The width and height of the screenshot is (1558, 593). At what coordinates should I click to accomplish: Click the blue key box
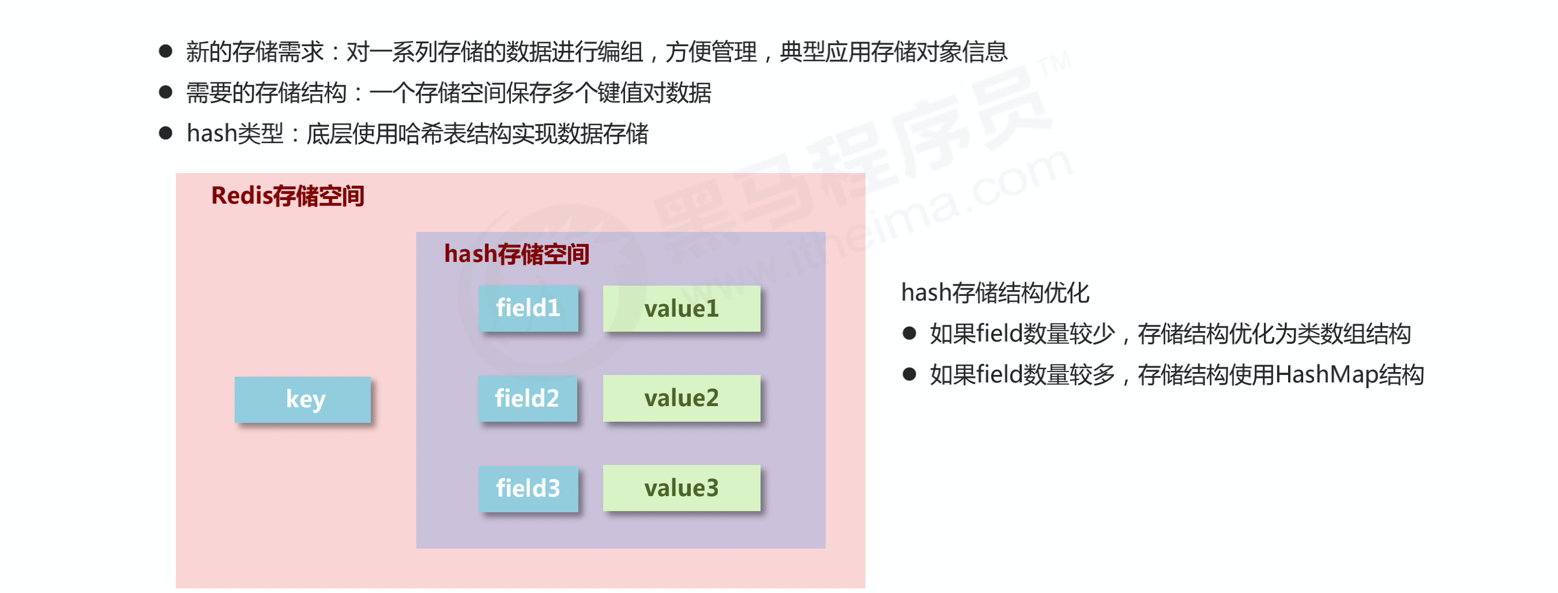point(302,399)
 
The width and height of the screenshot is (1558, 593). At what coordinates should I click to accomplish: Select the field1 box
point(528,308)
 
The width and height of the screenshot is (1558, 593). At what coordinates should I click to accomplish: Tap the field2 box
point(527,398)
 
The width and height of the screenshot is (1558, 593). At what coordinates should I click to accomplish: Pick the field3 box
point(528,489)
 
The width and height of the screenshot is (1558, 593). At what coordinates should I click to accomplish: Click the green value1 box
point(682,309)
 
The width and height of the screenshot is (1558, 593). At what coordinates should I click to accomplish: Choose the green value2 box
point(682,398)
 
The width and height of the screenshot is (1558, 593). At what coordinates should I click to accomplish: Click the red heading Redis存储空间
point(287,196)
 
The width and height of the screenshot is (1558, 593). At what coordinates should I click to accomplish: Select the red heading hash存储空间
point(517,254)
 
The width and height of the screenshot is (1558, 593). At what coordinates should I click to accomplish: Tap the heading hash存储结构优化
point(995,293)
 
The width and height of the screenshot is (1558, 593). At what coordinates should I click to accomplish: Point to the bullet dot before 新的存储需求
point(165,51)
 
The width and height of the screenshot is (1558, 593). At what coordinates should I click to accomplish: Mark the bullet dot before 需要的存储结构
point(165,92)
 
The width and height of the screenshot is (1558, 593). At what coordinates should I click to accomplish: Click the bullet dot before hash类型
point(165,133)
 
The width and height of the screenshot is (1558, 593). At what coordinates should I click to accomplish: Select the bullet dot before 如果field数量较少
point(909,333)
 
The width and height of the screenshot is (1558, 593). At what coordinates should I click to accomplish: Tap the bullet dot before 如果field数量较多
point(909,374)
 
